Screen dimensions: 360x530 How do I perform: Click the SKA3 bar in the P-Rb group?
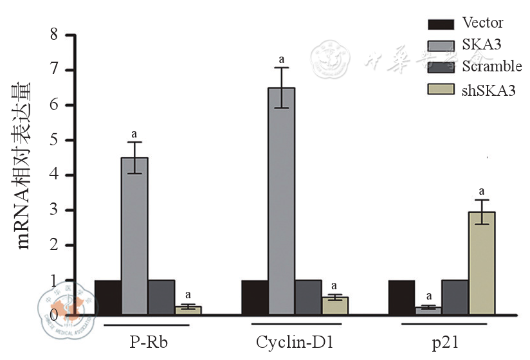coord(134,235)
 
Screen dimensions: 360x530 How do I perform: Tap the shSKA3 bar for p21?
coord(482,263)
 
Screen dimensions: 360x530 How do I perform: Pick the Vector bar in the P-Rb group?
coord(107,297)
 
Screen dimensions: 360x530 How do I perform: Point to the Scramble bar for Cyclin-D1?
coord(307,297)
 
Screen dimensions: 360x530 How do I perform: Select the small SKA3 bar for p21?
coord(428,310)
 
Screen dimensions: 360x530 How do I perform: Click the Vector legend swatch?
coord(441,24)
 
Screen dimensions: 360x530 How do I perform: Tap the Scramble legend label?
coord(492,66)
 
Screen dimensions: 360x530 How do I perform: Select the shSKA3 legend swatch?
coord(441,89)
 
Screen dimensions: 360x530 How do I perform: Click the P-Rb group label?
coord(149,339)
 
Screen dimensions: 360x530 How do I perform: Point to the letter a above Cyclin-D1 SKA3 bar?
coord(281,60)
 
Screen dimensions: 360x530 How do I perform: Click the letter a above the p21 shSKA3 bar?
coord(482,191)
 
